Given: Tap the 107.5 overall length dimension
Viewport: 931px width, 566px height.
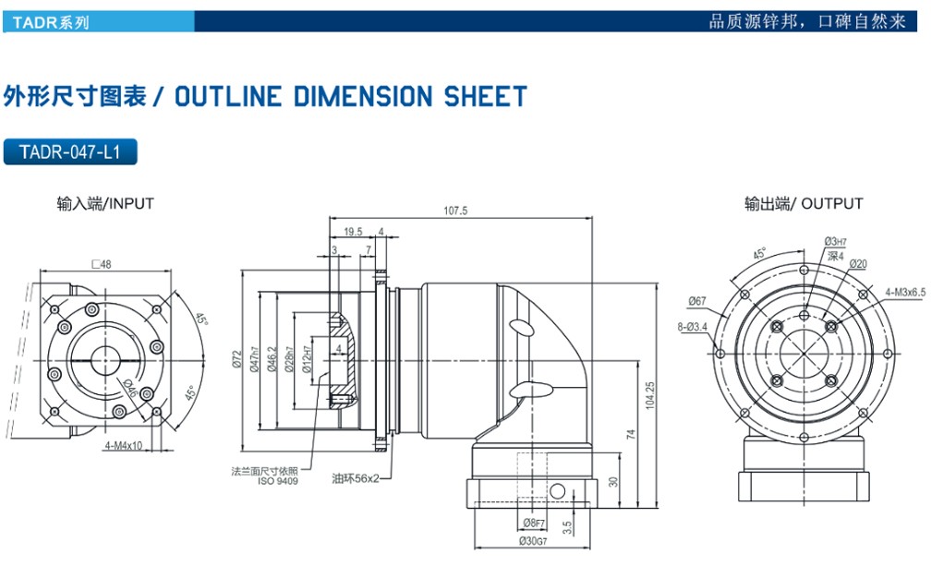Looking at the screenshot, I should coord(455,211).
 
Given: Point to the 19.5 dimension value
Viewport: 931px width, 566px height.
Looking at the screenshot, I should coord(352,232).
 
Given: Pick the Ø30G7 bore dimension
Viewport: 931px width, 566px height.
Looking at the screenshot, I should coord(534,540).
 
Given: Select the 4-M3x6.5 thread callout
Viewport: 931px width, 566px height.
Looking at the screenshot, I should coord(903,293).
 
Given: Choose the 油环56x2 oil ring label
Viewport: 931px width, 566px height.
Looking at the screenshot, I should coord(357,479).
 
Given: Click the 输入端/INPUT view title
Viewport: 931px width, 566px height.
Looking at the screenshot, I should coord(104,203).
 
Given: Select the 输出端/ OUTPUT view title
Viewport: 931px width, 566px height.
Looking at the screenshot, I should coord(804,203).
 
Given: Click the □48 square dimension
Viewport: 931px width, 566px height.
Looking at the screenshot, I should coord(102,265).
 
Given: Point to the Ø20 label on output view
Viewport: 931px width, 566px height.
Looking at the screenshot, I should coord(858,265).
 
